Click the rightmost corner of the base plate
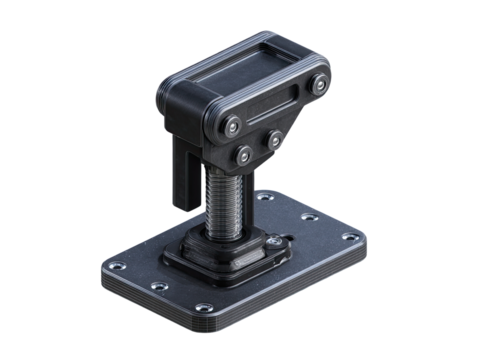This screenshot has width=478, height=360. click(x=367, y=240)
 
